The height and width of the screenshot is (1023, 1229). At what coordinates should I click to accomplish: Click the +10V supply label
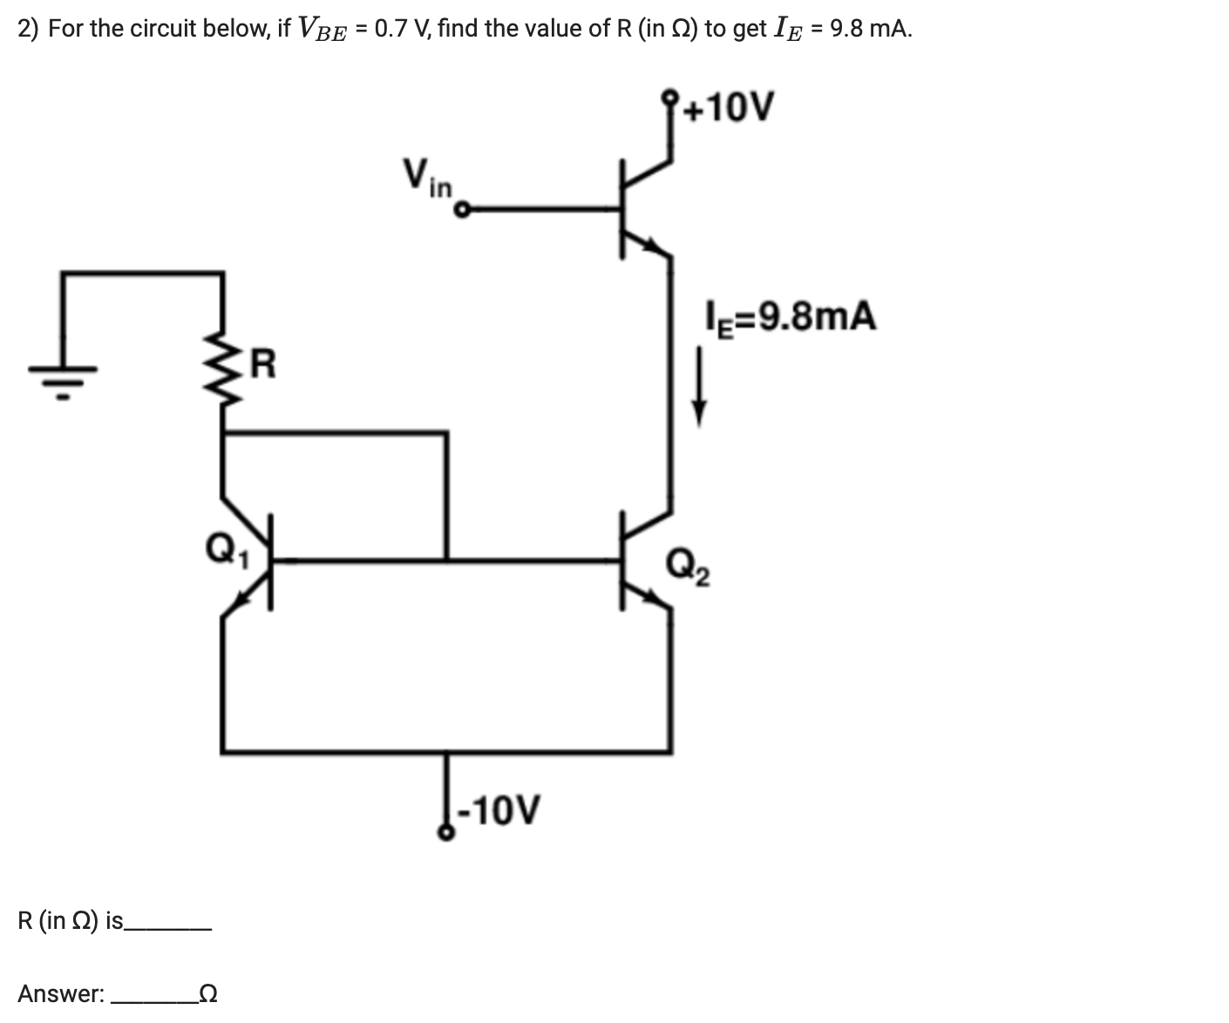(729, 109)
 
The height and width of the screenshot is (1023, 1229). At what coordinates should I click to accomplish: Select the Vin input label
(427, 176)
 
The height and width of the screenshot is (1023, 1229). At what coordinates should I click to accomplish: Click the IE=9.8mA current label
(790, 316)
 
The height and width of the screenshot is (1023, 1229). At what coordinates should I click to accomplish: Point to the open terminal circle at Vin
(463, 210)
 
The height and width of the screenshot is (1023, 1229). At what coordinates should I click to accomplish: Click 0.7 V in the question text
(400, 29)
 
